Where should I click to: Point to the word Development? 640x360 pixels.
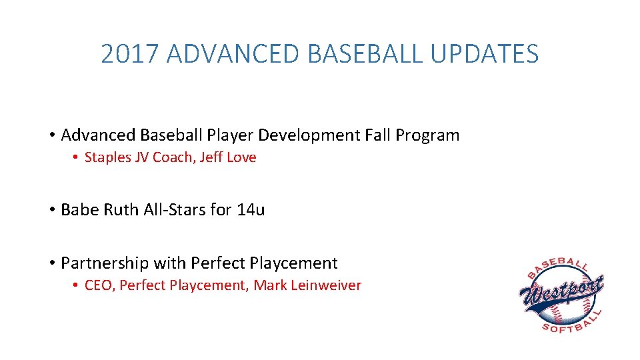[x=309, y=135]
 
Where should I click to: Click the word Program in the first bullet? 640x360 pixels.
[x=427, y=135]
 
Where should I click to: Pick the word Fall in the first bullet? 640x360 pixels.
[x=378, y=135]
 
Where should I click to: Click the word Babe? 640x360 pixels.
[x=77, y=210]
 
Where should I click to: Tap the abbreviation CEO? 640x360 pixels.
[x=99, y=286]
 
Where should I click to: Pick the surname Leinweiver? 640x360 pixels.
[x=326, y=286]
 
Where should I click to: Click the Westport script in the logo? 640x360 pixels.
[x=561, y=291]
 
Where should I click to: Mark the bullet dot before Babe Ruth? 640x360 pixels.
[x=51, y=211]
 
